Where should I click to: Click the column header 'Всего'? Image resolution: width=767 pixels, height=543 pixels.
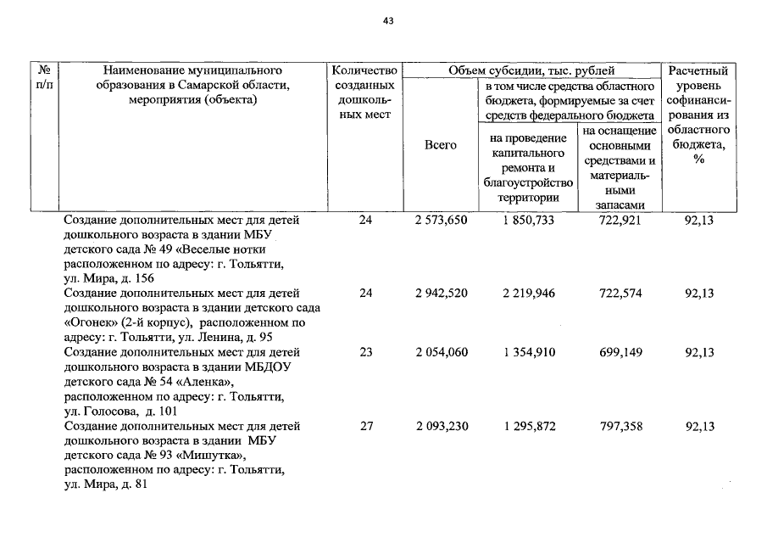point(441,145)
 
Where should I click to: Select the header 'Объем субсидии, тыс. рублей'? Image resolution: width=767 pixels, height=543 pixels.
point(531,70)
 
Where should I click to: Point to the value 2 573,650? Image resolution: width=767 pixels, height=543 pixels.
point(442,221)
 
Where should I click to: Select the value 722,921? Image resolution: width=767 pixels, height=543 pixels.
point(620,221)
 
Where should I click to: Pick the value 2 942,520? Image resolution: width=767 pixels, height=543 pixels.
point(442,294)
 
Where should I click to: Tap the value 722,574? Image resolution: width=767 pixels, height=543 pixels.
point(620,294)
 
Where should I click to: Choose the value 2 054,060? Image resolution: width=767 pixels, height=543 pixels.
point(442,353)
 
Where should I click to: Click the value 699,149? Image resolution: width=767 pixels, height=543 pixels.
point(620,353)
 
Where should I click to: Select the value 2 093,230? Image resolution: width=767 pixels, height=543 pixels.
point(442,427)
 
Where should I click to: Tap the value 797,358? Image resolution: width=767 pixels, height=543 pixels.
point(620,427)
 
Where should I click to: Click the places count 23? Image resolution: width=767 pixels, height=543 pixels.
point(366,353)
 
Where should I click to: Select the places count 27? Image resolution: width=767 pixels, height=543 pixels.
point(366,427)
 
